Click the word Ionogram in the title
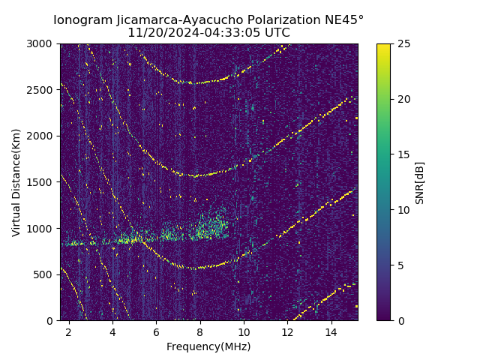coord(82,19)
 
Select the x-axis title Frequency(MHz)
coord(208,346)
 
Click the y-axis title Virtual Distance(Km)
coord(16,182)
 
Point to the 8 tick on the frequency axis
coord(200,331)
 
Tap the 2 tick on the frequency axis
coord(69,331)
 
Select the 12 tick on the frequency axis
coord(287,331)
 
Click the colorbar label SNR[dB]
coord(420,182)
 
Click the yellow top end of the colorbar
coord(383,46)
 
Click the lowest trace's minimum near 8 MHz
coord(197,268)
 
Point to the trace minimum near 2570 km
coord(196,82)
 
